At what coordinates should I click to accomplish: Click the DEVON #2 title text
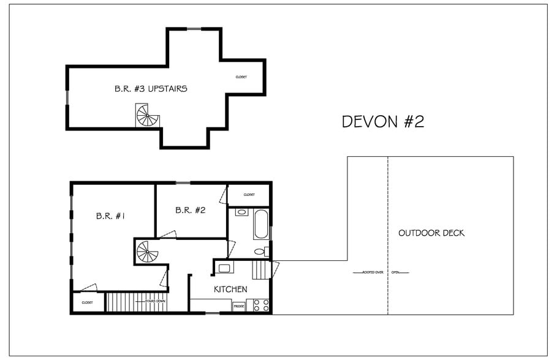(382, 121)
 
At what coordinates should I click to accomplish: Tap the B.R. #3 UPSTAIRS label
(151, 89)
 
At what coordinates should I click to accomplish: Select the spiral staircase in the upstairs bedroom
(147, 116)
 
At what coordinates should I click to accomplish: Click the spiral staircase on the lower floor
(147, 252)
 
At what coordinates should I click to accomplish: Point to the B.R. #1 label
(110, 216)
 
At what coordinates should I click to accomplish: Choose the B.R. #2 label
(190, 210)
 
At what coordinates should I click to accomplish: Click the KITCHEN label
(230, 289)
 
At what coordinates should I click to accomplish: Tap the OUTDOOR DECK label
(431, 233)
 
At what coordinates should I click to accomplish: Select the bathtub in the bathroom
(261, 225)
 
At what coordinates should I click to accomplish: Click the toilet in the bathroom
(260, 251)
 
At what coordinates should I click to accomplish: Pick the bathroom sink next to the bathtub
(241, 212)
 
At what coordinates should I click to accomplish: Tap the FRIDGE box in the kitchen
(238, 306)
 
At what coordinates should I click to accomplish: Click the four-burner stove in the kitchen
(261, 305)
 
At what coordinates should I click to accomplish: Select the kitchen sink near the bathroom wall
(224, 267)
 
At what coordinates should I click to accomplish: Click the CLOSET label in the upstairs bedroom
(241, 77)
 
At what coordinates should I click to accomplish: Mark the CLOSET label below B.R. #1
(87, 302)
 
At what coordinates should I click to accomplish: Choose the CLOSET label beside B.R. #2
(249, 195)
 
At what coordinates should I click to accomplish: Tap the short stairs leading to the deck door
(261, 270)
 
